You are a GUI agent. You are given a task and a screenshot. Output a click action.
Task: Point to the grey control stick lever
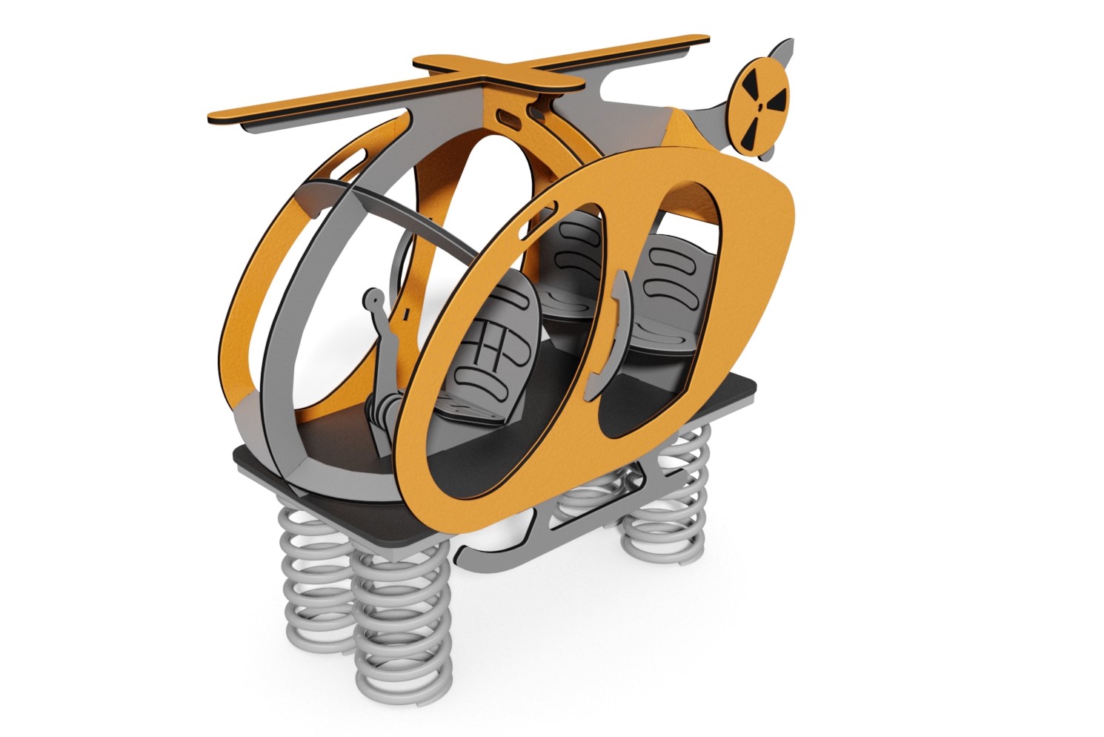tap(380, 326)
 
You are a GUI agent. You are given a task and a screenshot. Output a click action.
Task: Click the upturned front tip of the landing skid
tap(467, 552)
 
